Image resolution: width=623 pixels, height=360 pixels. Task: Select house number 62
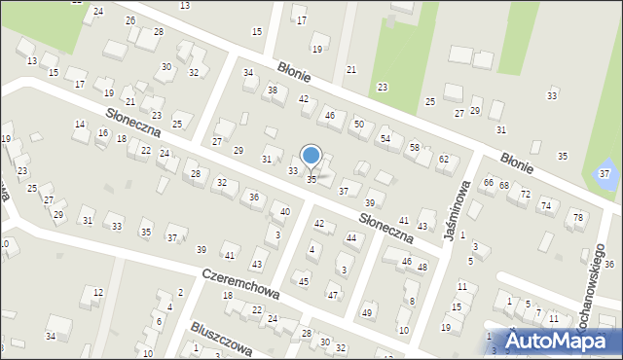click(x=444, y=159)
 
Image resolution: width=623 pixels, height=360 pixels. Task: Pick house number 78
click(x=578, y=216)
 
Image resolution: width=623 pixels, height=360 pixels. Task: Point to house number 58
click(x=414, y=147)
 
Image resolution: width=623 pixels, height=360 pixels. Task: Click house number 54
click(x=385, y=139)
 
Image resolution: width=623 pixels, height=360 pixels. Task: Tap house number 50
click(x=358, y=124)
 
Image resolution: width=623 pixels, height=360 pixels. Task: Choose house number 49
click(x=367, y=312)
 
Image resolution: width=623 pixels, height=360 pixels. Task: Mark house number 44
click(x=351, y=238)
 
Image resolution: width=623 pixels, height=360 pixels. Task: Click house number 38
click(x=273, y=90)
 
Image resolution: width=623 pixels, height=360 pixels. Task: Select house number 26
click(x=130, y=20)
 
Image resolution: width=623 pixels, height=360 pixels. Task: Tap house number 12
click(x=97, y=292)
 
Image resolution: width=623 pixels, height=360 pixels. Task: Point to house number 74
click(x=546, y=205)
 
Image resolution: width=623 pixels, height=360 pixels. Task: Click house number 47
click(x=333, y=295)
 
